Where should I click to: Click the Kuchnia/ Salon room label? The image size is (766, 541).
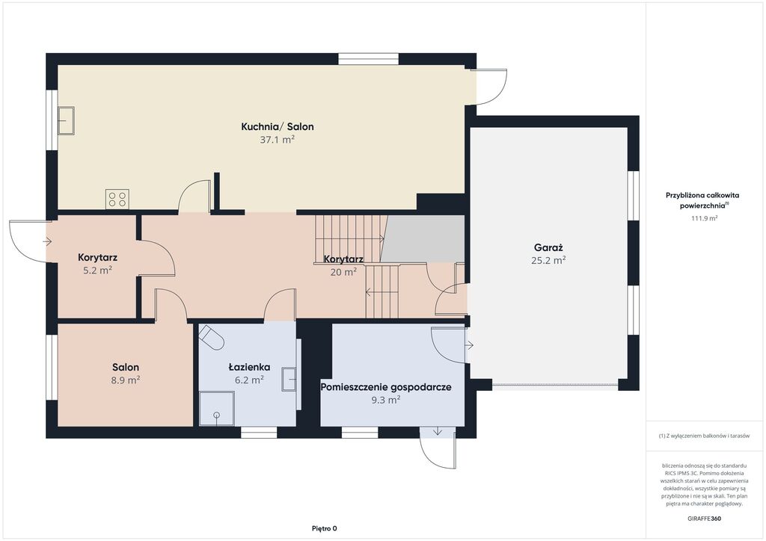click(278, 127)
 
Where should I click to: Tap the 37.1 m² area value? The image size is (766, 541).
click(277, 140)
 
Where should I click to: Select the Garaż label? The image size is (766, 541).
click(548, 248)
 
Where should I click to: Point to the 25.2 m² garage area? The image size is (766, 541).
click(548, 261)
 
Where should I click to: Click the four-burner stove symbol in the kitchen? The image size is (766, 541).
click(117, 199)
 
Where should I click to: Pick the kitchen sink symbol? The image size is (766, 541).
click(66, 121)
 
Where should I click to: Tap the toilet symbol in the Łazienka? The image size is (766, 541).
click(211, 337)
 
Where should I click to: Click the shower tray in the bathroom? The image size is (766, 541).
click(217, 408)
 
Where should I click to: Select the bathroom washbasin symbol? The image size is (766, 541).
click(289, 379)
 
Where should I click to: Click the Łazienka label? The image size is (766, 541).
click(249, 368)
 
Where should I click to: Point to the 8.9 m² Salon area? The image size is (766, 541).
click(126, 380)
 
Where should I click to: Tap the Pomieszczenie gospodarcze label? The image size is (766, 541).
click(386, 387)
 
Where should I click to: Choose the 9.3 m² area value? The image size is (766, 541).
click(386, 400)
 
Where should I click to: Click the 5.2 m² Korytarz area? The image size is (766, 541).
click(97, 270)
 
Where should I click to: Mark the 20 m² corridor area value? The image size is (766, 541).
click(343, 272)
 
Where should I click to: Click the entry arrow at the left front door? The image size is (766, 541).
click(47, 241)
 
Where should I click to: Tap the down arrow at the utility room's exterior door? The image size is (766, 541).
click(437, 430)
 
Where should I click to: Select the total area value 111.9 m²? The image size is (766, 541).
click(704, 218)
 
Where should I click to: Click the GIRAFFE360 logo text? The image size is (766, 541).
click(704, 519)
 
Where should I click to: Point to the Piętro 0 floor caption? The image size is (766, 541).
click(325, 528)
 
